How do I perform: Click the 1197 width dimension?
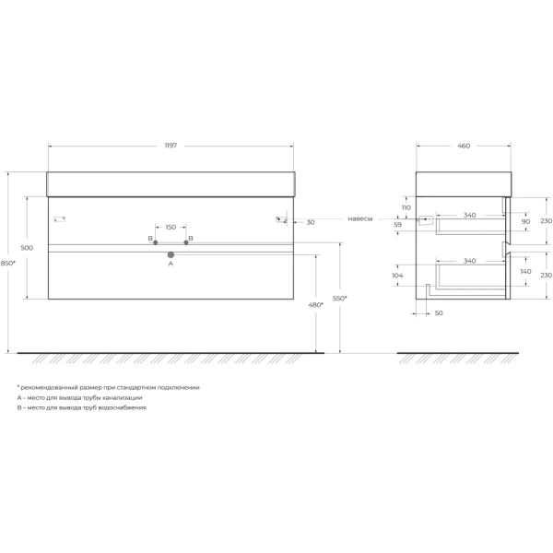[x=171, y=146]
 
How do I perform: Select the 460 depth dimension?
[x=464, y=146]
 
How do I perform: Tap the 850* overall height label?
[x=7, y=263]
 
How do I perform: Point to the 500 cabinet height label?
[x=27, y=248]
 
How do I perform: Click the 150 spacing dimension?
[x=171, y=227]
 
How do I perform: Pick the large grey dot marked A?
[x=171, y=254]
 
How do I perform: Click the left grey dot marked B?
[x=155, y=242]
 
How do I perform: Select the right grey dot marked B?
[x=186, y=242]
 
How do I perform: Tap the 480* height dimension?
[x=315, y=305]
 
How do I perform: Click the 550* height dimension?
[x=339, y=299]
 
